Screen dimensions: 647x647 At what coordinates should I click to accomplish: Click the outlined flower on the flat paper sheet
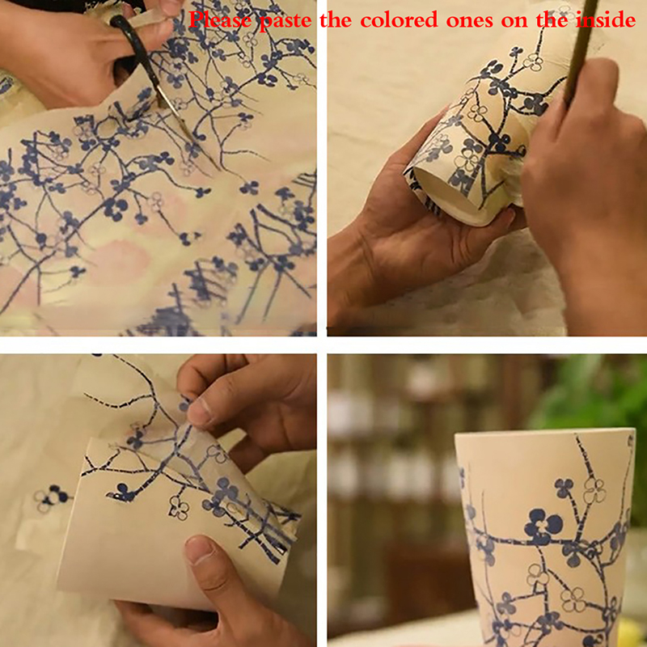coord(179,508)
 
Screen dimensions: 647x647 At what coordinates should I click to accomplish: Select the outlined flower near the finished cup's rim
coord(594,490)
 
